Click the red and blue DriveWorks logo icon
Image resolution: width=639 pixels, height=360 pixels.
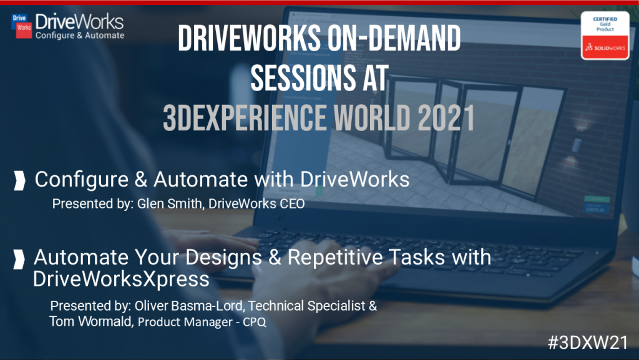click(22, 25)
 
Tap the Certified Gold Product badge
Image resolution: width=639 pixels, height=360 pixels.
click(605, 36)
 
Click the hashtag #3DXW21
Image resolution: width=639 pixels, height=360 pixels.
click(588, 343)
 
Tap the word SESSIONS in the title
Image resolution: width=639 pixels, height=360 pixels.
click(303, 78)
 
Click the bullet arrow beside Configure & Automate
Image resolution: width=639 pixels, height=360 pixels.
click(19, 181)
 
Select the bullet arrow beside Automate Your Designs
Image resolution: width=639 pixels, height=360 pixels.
click(19, 260)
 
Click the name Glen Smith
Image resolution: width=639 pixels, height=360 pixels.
click(170, 203)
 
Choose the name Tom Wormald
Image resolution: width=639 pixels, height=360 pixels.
click(90, 321)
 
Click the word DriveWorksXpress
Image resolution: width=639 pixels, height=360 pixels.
click(121, 280)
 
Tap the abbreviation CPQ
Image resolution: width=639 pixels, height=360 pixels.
click(255, 322)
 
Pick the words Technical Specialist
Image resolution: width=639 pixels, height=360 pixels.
click(306, 306)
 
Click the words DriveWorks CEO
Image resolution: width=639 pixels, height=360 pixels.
click(256, 203)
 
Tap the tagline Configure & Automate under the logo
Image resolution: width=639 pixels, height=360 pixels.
click(80, 36)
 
